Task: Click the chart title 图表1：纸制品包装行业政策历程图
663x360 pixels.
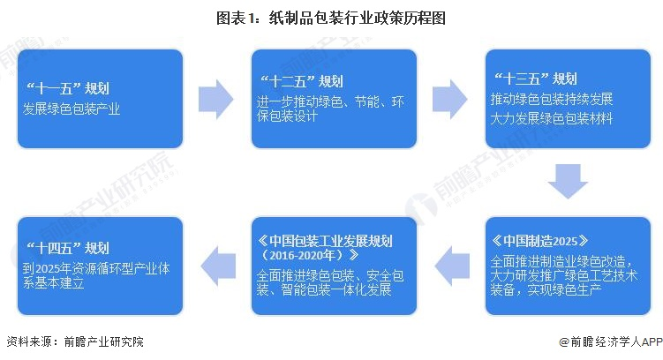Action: (x=331, y=18)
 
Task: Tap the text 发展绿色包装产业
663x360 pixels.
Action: (x=72, y=110)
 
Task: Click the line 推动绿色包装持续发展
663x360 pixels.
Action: (x=552, y=97)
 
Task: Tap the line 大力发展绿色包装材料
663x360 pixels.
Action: (x=552, y=117)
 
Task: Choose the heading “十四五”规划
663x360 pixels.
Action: (x=72, y=247)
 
